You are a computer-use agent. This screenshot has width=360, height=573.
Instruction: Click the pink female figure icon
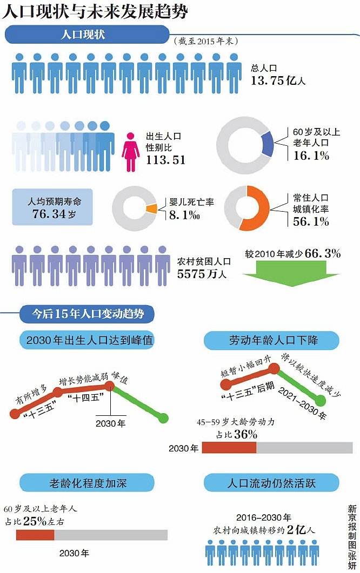pyautogui.click(x=130, y=152)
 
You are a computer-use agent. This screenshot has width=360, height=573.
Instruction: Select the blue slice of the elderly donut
pyautogui.click(x=266, y=144)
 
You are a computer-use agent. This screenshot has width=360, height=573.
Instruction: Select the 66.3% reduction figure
pyautogui.click(x=323, y=253)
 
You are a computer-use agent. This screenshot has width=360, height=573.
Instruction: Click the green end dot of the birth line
pyautogui.click(x=163, y=417)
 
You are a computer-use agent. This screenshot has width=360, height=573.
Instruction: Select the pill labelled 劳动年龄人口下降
pyautogui.click(x=271, y=340)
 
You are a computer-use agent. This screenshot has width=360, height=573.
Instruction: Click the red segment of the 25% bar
pyautogui.click(x=35, y=535)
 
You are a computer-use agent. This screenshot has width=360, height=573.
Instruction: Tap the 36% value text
pyautogui.click(x=245, y=435)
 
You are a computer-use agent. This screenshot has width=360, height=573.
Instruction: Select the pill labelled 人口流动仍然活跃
pyautogui.click(x=271, y=482)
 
